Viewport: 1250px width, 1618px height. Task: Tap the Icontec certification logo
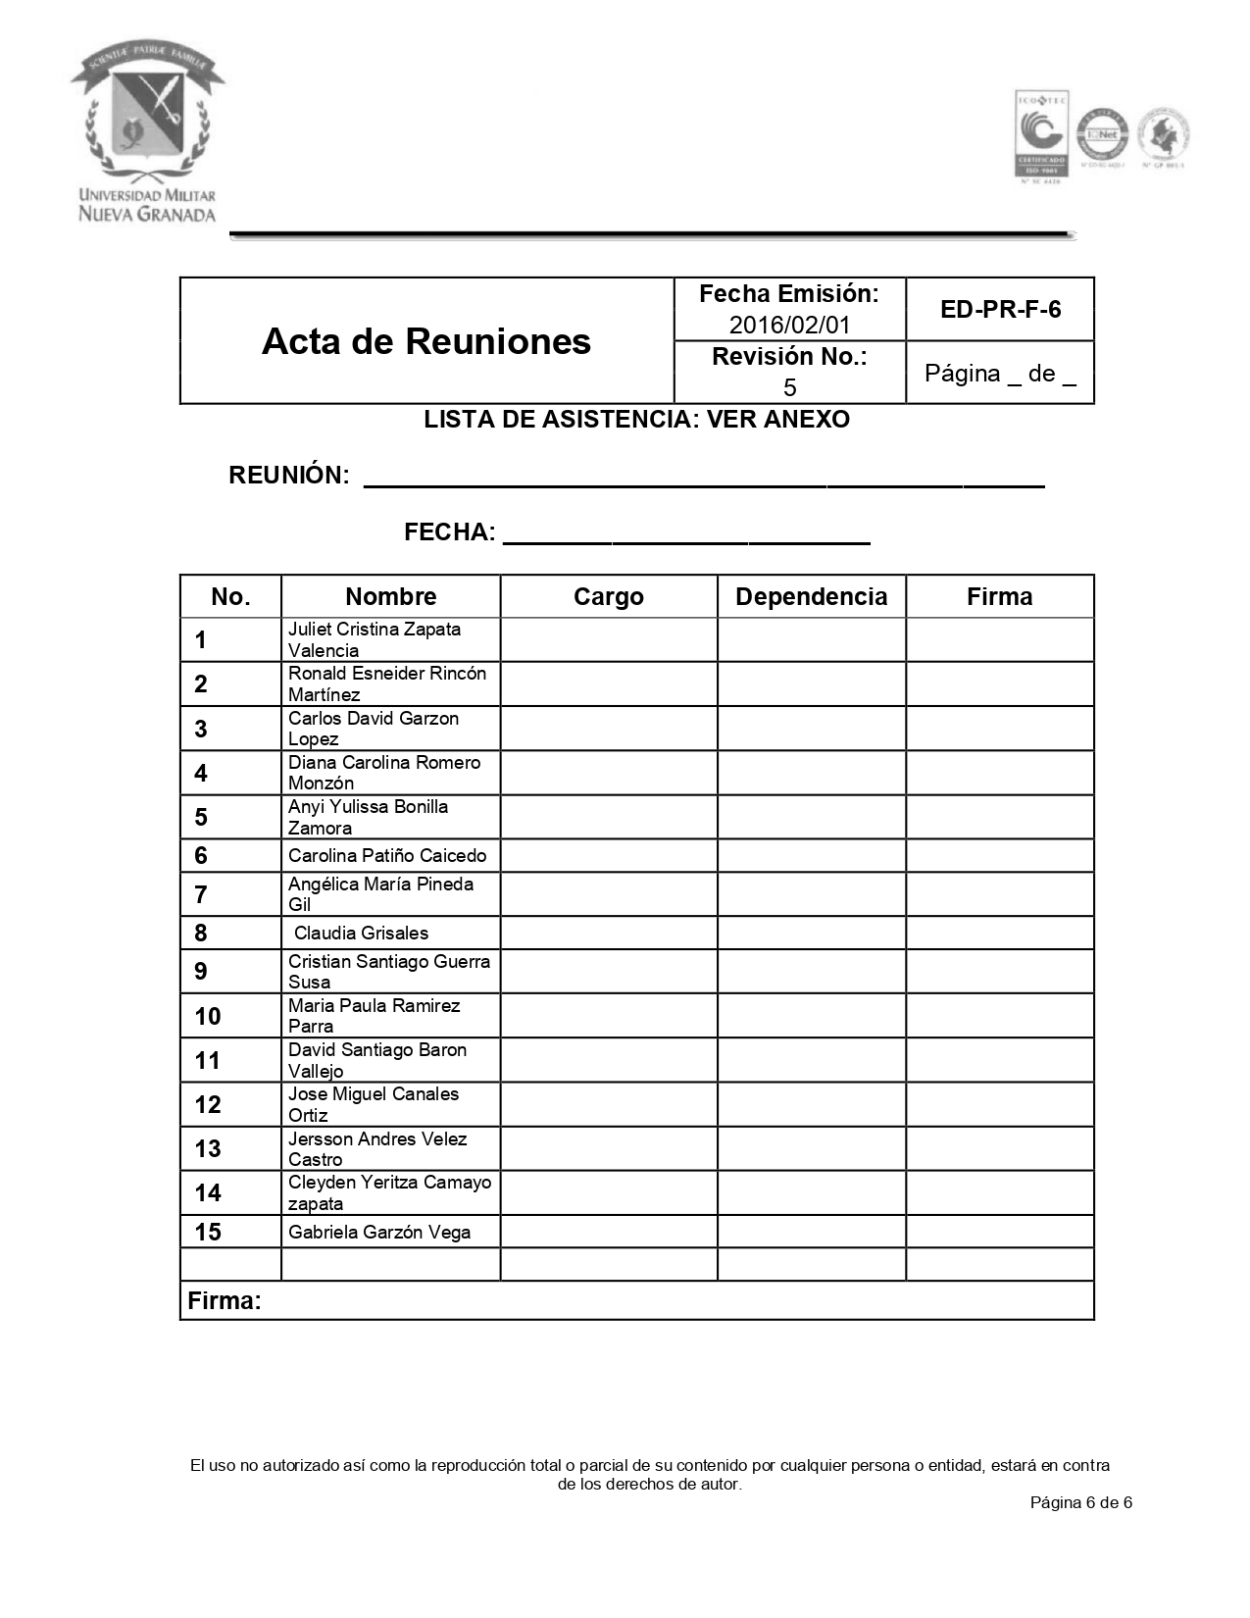(1039, 134)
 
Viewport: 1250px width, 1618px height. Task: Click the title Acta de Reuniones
(426, 341)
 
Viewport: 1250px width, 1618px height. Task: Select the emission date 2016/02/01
(789, 324)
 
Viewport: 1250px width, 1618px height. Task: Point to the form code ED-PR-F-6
(1000, 310)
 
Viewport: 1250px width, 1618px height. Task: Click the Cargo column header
(609, 597)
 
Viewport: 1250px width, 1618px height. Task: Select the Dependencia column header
(811, 597)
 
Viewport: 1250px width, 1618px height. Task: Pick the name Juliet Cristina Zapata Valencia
(374, 639)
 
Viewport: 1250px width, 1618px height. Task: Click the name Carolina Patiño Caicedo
(386, 856)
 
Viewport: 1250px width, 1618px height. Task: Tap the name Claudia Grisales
(361, 934)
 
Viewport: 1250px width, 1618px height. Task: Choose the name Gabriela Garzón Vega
(379, 1233)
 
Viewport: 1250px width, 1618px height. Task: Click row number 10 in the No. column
(208, 1017)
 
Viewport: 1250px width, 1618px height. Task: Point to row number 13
(208, 1149)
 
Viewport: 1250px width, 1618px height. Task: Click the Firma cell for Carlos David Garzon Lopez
(999, 729)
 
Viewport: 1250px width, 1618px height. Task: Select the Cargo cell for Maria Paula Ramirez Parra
(609, 1016)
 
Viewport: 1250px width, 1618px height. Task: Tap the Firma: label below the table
(225, 1301)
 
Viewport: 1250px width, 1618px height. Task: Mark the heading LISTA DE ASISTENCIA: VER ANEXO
(636, 420)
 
